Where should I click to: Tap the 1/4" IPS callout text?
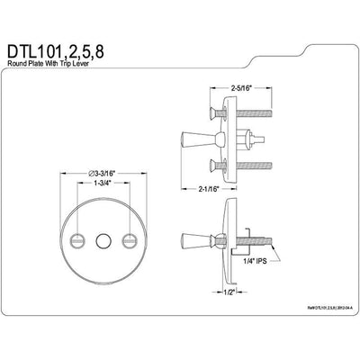(255, 285)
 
